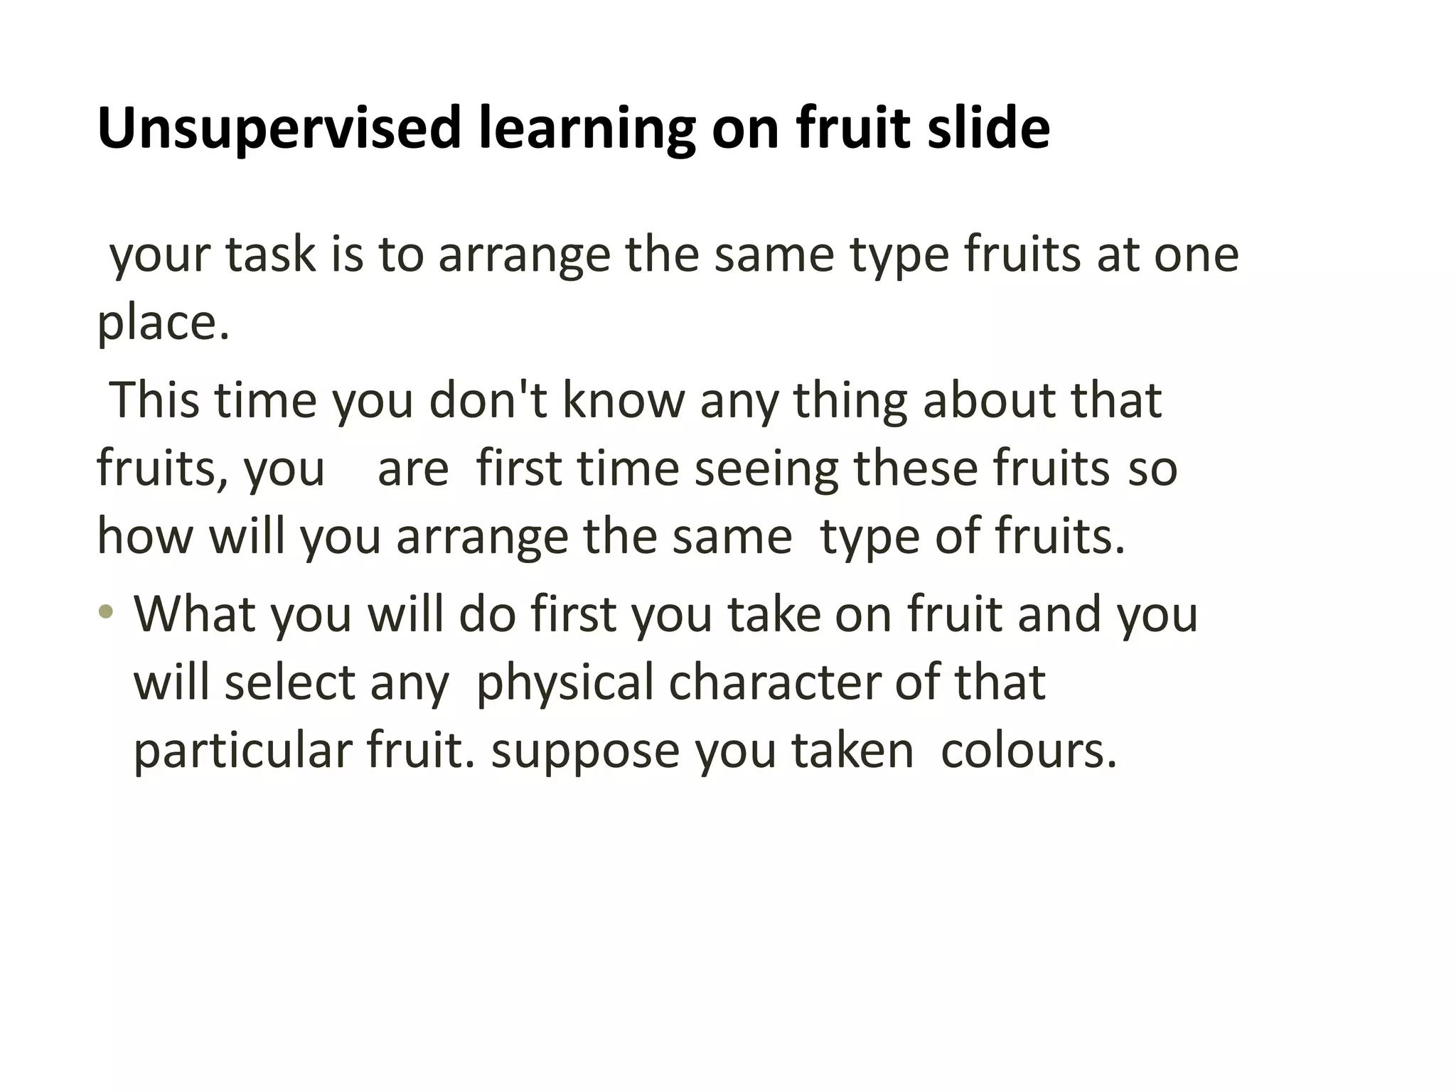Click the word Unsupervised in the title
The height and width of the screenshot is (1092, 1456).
tap(279, 129)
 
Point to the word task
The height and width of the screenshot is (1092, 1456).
tap(270, 255)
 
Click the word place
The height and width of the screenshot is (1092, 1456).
tap(163, 323)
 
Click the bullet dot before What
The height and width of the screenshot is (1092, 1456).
tap(106, 611)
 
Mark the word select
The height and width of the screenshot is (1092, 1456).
tap(289, 682)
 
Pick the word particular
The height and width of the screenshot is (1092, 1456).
tap(243, 752)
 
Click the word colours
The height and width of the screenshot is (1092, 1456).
tap(1028, 751)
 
